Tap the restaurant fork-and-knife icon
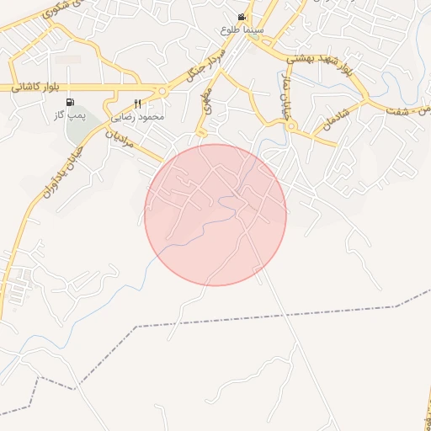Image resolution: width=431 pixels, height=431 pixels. tap(137, 104)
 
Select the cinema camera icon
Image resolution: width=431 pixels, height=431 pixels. tap(242, 17)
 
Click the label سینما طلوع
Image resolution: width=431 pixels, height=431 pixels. tap(242, 29)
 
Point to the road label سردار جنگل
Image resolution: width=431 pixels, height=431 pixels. tap(194, 71)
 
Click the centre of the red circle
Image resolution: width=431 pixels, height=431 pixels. tap(215, 215)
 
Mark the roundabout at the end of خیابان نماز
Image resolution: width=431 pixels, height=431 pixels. tap(292, 126)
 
